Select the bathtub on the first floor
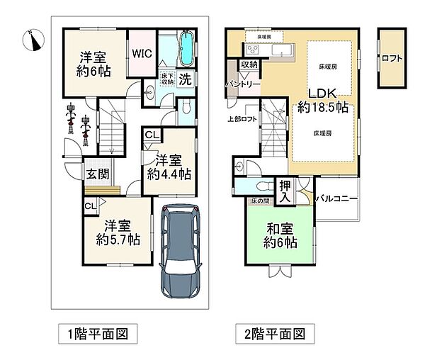tap(185, 50)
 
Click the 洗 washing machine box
tap(185, 79)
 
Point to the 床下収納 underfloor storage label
tap(167, 79)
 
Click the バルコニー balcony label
tap(336, 199)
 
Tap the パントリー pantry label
tap(244, 84)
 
